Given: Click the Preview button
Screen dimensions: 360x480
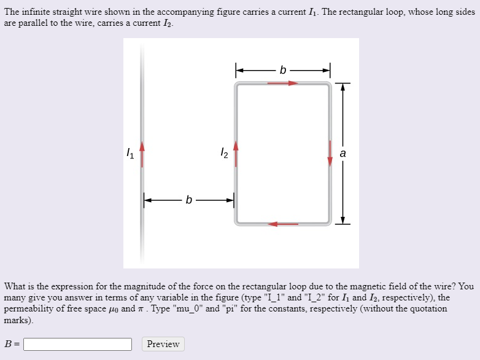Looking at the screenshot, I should point(163,344).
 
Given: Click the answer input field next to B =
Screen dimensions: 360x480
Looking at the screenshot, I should point(77,344).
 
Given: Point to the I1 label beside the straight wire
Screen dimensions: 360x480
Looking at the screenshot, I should point(129,153).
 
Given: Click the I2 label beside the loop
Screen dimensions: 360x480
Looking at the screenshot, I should point(224,153).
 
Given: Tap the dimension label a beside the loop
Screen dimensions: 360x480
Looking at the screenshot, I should point(343,153).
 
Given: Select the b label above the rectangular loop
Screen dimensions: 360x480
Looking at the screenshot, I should point(282,70).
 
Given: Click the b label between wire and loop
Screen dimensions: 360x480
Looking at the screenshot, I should point(188,200).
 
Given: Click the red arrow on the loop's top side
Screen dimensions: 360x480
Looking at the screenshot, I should point(283,83).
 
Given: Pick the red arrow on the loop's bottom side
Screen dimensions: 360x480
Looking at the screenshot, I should point(283,224).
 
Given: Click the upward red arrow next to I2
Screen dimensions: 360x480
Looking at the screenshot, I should point(235,153).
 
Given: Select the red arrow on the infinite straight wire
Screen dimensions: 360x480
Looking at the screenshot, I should point(142,154).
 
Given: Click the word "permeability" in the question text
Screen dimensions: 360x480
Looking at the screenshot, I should point(29,308).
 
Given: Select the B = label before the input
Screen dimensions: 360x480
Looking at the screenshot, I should point(12,344).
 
